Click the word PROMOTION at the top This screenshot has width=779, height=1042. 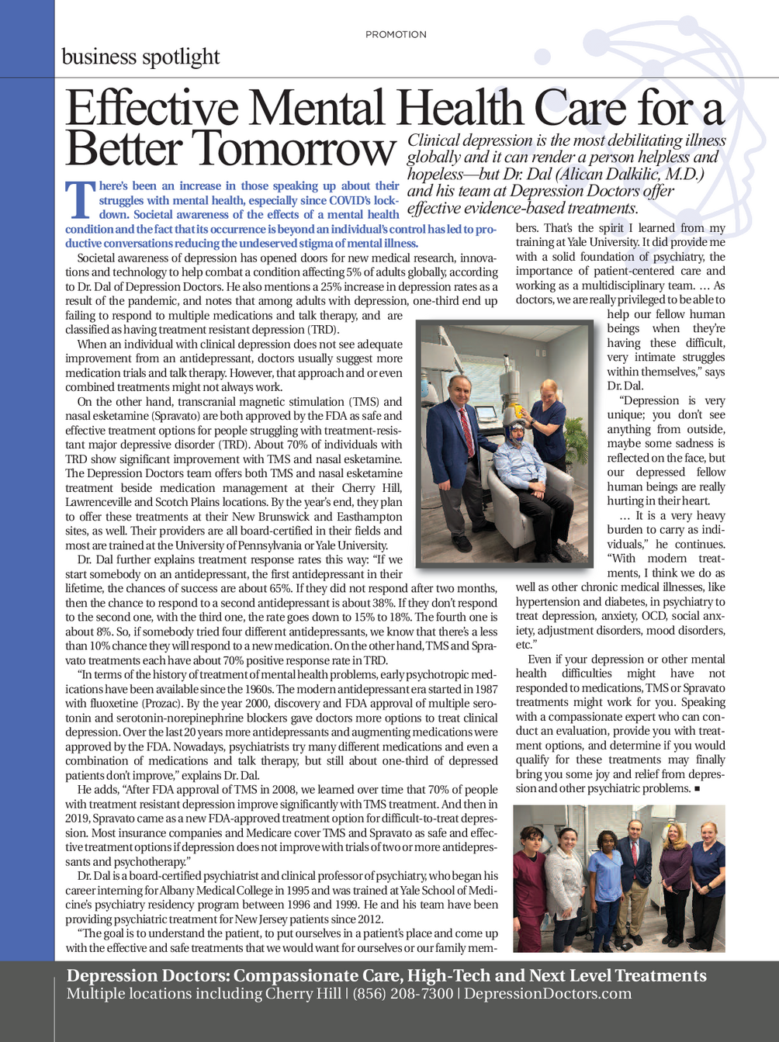tap(396, 35)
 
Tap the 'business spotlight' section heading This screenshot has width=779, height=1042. tap(140, 57)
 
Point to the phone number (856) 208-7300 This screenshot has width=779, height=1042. tap(403, 994)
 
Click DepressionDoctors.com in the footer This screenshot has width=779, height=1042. tap(548, 994)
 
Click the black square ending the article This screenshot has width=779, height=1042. tap(698, 789)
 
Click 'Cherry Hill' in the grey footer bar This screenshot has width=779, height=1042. tap(303, 994)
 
